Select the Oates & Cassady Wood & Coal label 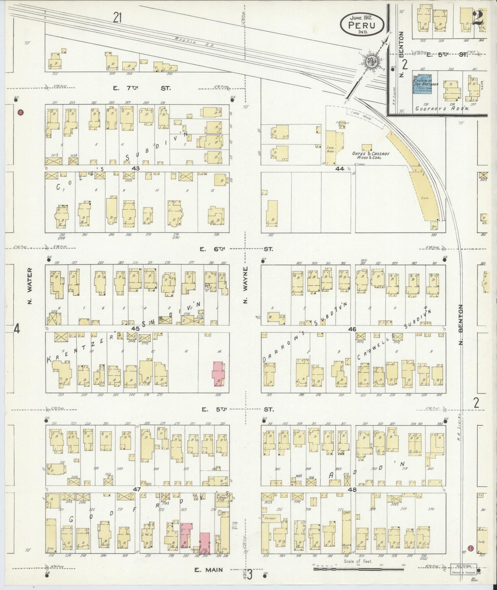point(371,156)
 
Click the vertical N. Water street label point(30,286)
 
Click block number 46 point(352,329)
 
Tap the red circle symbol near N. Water point(20,112)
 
